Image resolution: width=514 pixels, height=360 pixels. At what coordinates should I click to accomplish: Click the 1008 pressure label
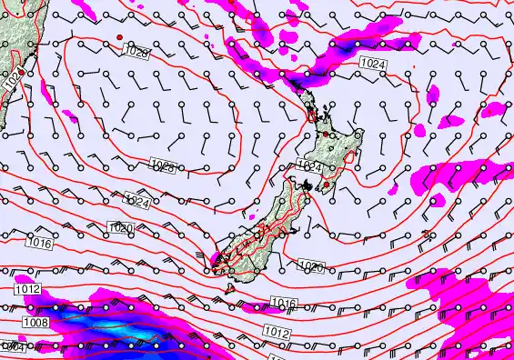pos(35,321)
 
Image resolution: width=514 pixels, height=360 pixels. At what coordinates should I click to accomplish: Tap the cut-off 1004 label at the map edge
pos(11,347)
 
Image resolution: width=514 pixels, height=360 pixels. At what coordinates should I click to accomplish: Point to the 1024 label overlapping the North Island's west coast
pos(310,166)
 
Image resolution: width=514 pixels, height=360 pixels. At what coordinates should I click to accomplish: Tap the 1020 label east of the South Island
pos(311,266)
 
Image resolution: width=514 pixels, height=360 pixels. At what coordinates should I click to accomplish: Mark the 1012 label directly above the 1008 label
pos(27,289)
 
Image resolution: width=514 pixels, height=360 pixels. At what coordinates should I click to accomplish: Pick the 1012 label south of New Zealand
pos(277,334)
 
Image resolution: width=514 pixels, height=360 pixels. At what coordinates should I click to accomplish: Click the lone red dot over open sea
pos(118,36)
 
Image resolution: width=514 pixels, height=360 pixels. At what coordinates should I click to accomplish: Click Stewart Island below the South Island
pos(231,287)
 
